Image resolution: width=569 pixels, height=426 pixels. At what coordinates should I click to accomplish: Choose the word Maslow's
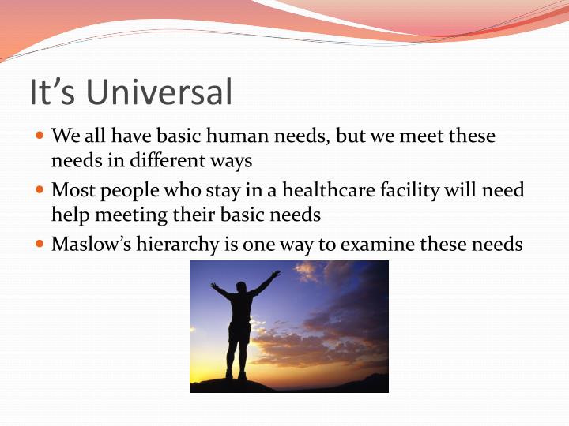[x=86, y=244]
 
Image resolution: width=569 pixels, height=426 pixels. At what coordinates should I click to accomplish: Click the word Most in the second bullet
[x=70, y=190]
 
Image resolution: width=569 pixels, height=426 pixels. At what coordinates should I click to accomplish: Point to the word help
[x=68, y=215]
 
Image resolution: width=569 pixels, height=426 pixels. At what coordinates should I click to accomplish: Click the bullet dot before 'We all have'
[x=41, y=136]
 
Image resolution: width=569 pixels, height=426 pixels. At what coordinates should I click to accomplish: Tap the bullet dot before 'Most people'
[x=41, y=190]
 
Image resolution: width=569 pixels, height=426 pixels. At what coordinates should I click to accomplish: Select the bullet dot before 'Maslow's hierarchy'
[x=41, y=244]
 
